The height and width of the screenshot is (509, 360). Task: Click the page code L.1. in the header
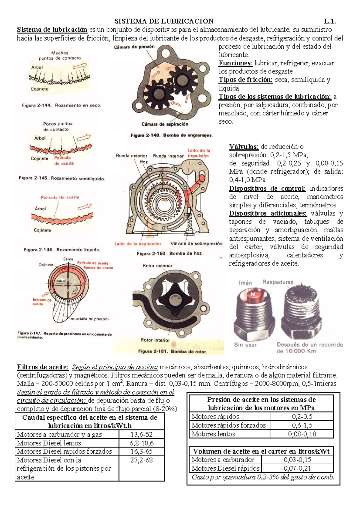point(329,21)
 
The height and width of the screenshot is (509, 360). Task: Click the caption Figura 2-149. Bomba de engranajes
point(172,135)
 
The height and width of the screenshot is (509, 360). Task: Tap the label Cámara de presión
point(134,47)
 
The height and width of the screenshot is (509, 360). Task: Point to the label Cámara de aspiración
point(165,124)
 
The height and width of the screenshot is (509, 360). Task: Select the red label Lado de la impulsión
point(199,153)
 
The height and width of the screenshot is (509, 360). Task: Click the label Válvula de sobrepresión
point(196,243)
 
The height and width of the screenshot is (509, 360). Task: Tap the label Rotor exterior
point(157,266)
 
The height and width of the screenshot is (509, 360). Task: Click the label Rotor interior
point(155,340)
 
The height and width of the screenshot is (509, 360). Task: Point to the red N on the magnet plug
point(253,294)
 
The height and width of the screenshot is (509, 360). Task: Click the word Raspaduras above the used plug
point(278,282)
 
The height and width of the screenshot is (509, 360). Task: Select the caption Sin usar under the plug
point(245,345)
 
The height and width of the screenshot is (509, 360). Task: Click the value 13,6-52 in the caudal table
point(141,434)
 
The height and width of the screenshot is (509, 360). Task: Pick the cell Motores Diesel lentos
point(49,443)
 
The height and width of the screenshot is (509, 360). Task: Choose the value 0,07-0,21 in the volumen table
point(297,468)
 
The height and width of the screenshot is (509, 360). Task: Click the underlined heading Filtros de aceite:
point(43,367)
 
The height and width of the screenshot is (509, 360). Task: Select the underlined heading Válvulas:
point(244,147)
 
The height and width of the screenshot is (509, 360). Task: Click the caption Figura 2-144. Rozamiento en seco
point(61,105)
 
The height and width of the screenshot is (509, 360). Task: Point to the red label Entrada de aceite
point(42,302)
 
